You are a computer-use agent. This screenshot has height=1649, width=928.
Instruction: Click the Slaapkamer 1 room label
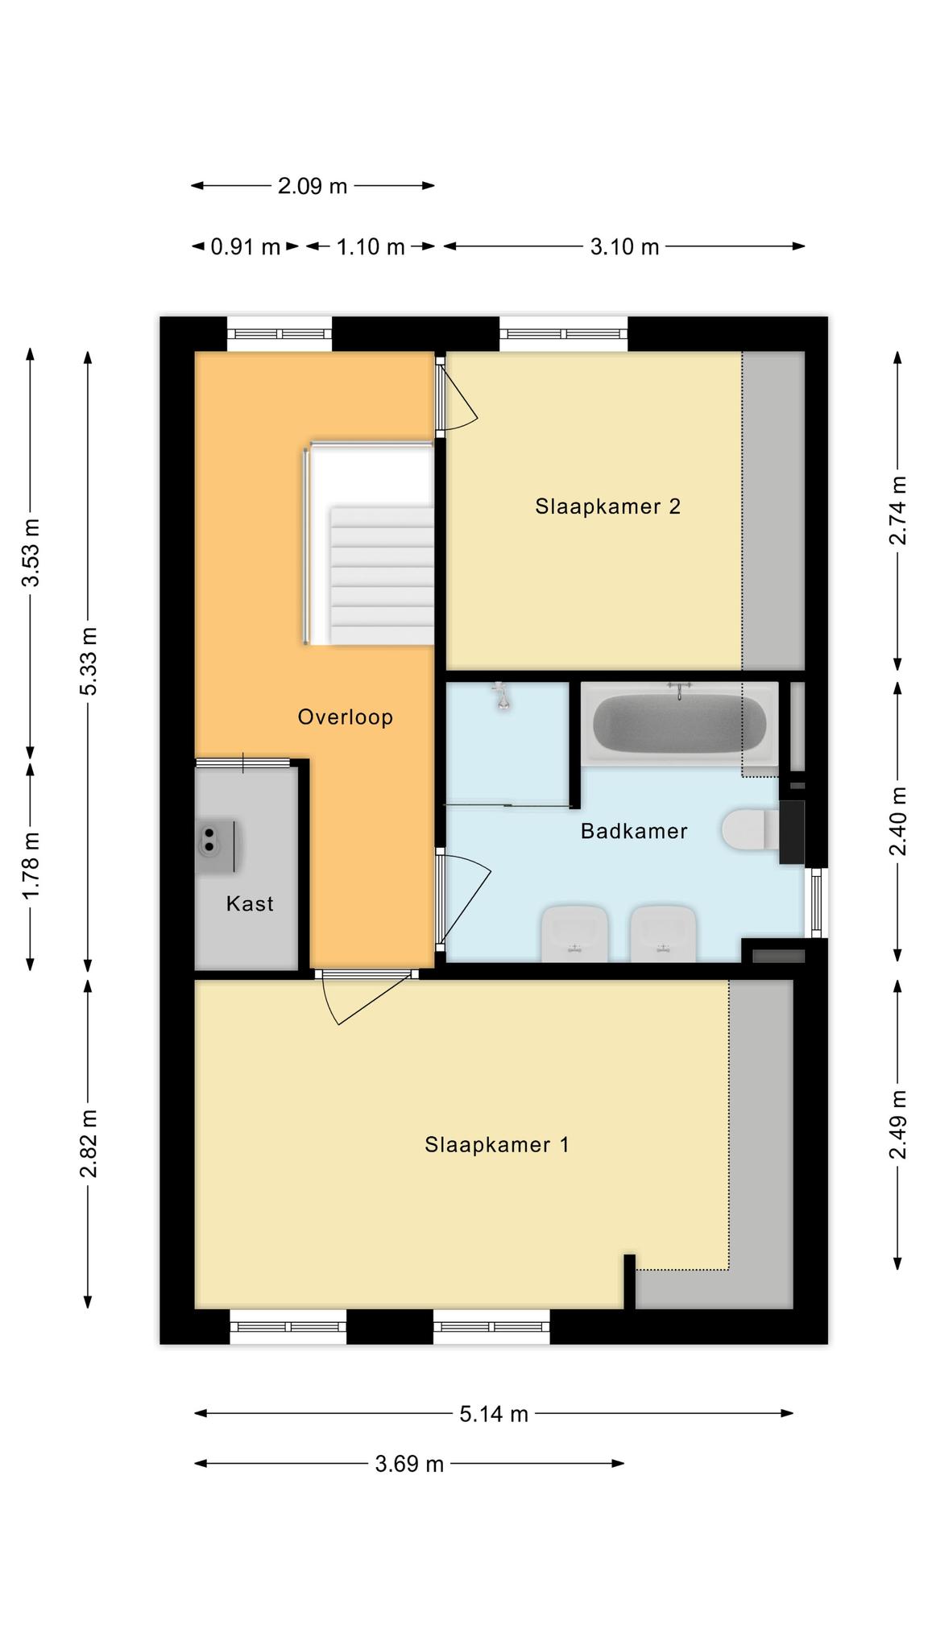497,1145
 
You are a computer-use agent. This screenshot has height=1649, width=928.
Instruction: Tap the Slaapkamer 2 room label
608,506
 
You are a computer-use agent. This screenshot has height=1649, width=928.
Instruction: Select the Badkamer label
634,831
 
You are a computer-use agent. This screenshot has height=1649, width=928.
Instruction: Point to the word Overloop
346,717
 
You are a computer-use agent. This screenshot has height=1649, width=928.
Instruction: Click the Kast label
250,903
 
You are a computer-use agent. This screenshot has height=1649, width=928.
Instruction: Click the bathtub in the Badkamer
679,723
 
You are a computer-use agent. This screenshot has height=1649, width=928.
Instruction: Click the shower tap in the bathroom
503,696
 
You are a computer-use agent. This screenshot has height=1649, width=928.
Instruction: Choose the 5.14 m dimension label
494,1414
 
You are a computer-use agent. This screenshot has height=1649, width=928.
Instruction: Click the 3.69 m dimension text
409,1464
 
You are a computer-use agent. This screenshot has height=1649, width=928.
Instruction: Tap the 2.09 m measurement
313,186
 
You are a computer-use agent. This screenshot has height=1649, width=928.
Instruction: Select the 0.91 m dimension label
246,246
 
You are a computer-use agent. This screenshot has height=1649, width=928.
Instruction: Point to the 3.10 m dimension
624,246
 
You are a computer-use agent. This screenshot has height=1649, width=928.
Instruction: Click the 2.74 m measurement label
897,510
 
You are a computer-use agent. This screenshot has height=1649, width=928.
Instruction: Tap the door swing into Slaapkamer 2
458,396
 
